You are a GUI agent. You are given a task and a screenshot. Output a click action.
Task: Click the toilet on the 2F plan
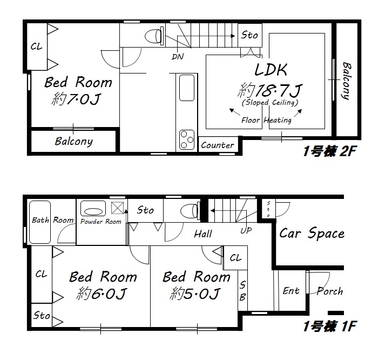pos(154,36)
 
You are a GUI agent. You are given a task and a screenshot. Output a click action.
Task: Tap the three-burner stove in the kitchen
pos(187,140)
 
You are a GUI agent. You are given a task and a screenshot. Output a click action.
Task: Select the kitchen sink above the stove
pos(187,88)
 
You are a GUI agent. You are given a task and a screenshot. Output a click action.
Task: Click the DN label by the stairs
pos(178,57)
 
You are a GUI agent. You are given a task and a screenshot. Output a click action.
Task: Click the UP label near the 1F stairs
pos(246,230)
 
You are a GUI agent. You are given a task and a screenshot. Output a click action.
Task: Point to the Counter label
pos(217,145)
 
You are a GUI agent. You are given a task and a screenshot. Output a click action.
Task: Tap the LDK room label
pos(271,70)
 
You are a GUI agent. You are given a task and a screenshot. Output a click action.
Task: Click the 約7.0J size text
pos(76,99)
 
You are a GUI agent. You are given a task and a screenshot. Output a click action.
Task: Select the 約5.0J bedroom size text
pos(195,294)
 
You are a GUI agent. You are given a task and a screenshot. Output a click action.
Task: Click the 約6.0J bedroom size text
pos(102,294)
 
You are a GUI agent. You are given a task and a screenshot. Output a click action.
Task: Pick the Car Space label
pos(312,234)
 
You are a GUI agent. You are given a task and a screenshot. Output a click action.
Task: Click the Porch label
pos(329,291)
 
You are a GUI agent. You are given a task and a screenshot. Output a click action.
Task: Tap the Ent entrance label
pos(291,291)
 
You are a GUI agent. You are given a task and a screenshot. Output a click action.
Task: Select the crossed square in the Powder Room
pos(118,208)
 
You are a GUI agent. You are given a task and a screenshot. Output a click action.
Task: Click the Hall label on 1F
pos(203,234)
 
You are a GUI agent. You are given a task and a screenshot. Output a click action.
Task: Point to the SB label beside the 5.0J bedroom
pos(242,291)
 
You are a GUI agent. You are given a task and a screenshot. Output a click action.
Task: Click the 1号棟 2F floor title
pos(329,151)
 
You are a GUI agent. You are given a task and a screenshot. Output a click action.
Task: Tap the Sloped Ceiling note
pos(270,103)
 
